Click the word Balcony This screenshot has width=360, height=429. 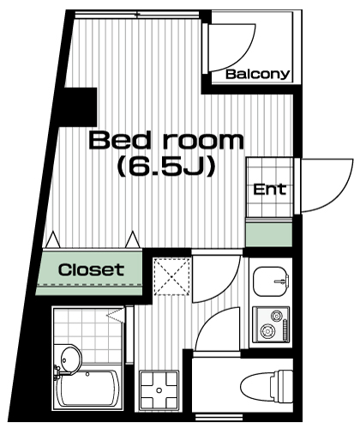(257, 75)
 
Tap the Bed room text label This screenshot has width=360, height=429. (166, 141)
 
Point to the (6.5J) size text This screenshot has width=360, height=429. (166, 166)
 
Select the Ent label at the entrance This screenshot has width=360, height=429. (269, 190)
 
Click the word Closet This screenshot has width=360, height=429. (91, 269)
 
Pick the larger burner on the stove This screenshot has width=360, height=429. (267, 331)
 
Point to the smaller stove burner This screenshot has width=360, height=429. (277, 316)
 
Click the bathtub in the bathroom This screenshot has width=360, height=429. (87, 389)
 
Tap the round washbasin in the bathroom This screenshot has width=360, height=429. (71, 360)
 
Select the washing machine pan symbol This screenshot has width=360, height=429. (159, 390)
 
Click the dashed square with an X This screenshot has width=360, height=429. (171, 276)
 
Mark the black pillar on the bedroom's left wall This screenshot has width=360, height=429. (80, 107)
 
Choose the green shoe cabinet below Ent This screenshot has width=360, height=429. (269, 235)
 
